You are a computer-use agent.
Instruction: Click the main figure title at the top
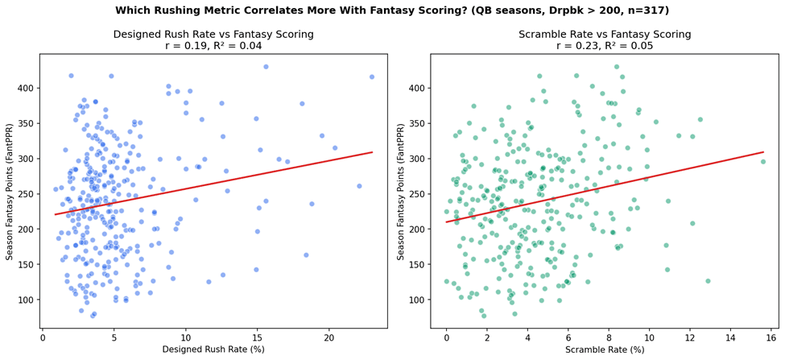(x=393, y=9)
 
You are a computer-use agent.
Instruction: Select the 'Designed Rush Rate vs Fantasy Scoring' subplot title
(x=214, y=35)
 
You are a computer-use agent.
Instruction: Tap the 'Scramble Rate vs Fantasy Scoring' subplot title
(x=605, y=35)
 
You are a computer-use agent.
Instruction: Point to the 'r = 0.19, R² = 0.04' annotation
(x=214, y=46)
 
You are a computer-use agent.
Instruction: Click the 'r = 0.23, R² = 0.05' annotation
(x=605, y=46)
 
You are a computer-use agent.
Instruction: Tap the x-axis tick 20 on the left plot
(x=329, y=338)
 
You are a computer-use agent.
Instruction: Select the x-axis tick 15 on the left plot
(x=258, y=338)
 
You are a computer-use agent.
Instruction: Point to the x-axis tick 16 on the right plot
(x=771, y=338)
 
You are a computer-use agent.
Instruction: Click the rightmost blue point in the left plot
(x=371, y=77)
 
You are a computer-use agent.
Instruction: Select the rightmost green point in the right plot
(x=763, y=161)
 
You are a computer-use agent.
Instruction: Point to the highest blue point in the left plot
(x=266, y=67)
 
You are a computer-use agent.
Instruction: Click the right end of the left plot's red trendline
(x=373, y=151)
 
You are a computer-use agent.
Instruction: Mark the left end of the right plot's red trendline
(x=446, y=222)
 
